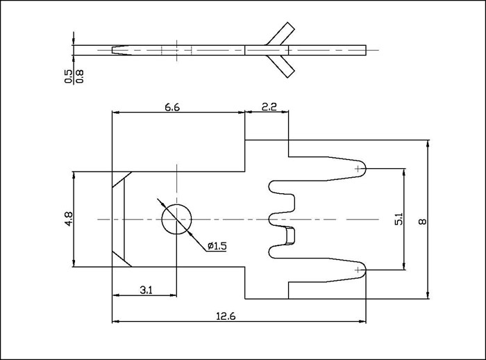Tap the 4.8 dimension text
coord(68,218)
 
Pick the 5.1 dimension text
coord(398,218)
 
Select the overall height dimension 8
coord(422,221)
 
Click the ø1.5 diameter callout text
coord(217,246)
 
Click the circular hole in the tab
coord(177,220)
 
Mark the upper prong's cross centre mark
coord(359,168)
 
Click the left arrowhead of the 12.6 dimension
coord(116,322)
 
